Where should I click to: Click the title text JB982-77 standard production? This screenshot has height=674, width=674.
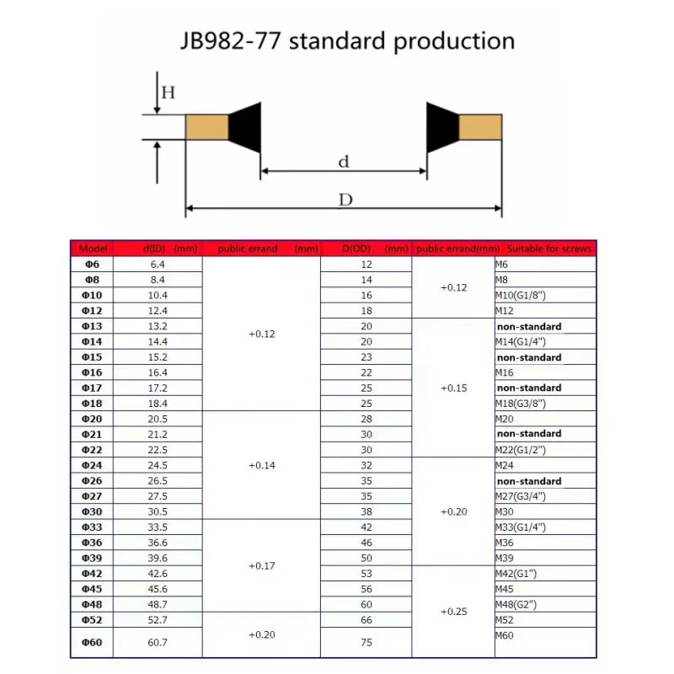[x=347, y=40]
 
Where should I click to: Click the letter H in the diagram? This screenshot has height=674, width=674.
[x=168, y=94]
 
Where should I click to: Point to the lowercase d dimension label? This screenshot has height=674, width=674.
[x=343, y=163]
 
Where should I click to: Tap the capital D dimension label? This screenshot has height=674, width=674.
[x=345, y=201]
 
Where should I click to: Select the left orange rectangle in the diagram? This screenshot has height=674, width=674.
[x=206, y=128]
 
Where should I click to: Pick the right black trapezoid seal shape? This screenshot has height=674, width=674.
[x=442, y=128]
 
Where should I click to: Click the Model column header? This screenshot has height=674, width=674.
[x=94, y=249]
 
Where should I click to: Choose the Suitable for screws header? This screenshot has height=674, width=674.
[x=548, y=249]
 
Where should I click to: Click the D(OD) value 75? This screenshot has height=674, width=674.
[x=366, y=643]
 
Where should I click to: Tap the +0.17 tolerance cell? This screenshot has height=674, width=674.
[x=262, y=566]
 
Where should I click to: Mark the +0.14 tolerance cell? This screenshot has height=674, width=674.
[x=262, y=466]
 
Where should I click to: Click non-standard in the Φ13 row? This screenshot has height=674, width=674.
[x=529, y=326]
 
